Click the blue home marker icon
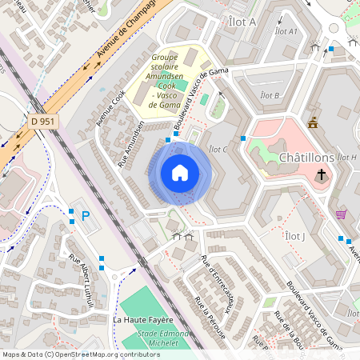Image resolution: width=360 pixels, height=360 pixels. point(180,173)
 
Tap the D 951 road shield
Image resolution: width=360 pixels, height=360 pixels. point(42,120)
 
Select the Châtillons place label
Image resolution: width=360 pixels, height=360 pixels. point(306,158)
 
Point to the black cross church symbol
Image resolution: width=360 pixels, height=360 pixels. point(322,174)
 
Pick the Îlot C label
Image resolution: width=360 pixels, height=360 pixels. point(218,149)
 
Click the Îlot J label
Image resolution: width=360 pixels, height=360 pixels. point(295,236)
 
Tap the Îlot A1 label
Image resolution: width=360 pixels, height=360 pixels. point(286,31)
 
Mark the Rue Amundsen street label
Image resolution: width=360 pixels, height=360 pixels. point(132,143)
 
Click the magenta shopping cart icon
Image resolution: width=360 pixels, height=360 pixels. point(342,214)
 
